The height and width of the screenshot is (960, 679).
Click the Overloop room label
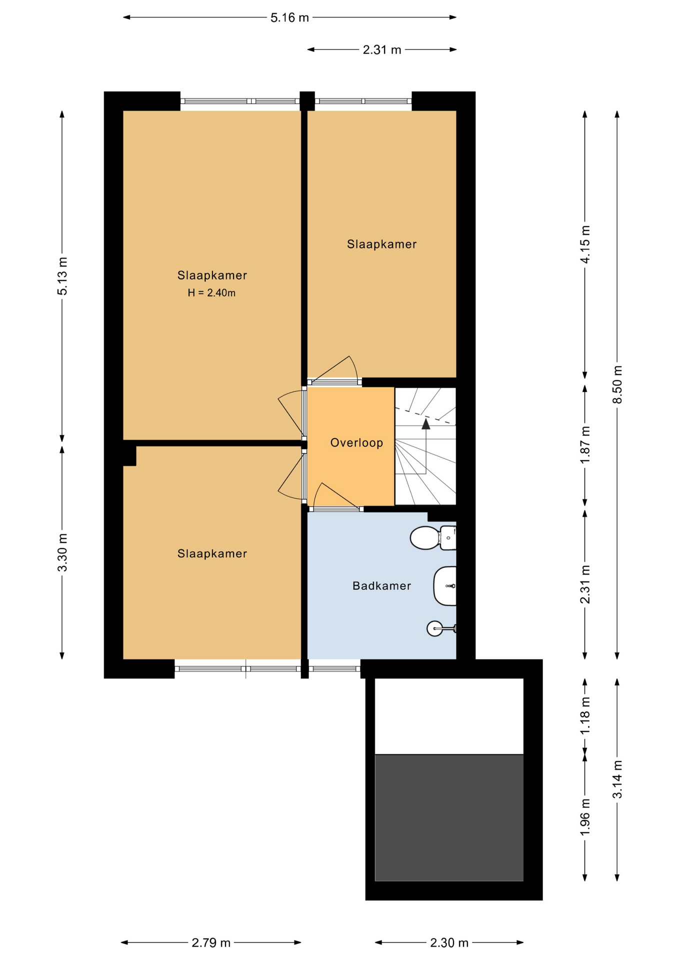[356, 442]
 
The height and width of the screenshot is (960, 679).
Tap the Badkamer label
[381, 585]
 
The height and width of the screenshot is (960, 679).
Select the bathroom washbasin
[445, 586]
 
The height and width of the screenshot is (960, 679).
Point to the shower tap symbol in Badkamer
[436, 628]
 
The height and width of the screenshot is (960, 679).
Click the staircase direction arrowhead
[425, 424]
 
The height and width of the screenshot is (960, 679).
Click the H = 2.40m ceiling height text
[211, 293]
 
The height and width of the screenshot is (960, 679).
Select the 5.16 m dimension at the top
[289, 18]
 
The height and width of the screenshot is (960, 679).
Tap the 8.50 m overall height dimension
[617, 384]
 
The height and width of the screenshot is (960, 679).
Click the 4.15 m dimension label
[585, 244]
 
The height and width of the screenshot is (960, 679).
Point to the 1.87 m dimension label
[585, 444]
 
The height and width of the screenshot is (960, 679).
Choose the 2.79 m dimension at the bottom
[211, 942]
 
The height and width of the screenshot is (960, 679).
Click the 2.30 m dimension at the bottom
[449, 942]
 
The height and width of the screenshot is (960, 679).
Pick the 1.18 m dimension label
[585, 715]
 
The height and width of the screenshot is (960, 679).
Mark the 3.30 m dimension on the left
[62, 552]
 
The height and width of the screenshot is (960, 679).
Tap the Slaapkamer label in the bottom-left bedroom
[212, 553]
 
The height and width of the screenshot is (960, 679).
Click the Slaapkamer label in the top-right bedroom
[381, 244]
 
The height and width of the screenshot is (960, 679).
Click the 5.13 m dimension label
[62, 276]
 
